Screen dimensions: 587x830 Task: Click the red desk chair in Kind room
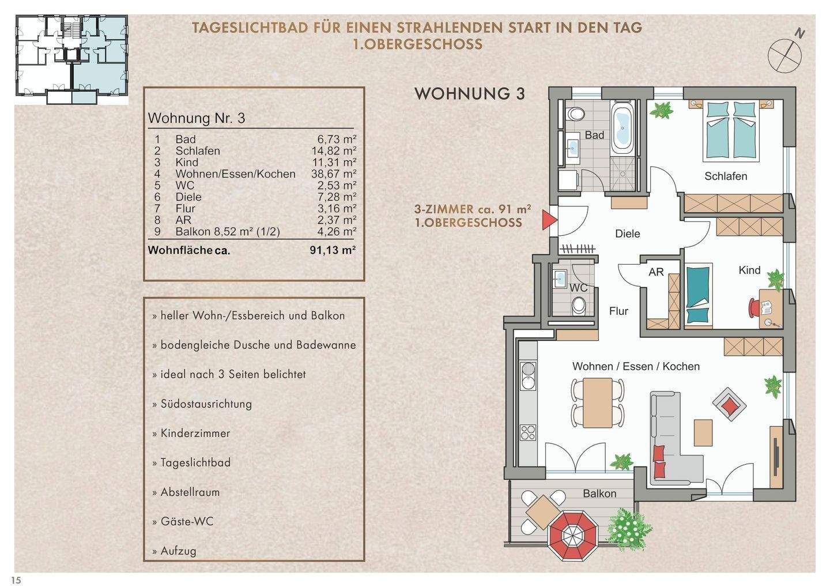pyautogui.click(x=755, y=306)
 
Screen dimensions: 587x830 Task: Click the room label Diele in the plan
pyautogui.click(x=628, y=234)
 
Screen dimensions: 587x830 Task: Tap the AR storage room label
pyautogui.click(x=656, y=272)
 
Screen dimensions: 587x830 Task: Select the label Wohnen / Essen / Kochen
pyautogui.click(x=636, y=366)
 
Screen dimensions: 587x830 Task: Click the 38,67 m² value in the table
pyautogui.click(x=333, y=174)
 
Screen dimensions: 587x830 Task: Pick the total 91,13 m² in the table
pyautogui.click(x=333, y=250)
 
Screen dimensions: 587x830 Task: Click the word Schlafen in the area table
pyautogui.click(x=198, y=150)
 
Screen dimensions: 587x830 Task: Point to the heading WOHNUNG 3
pyautogui.click(x=470, y=94)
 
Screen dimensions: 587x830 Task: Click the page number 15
pyautogui.click(x=16, y=580)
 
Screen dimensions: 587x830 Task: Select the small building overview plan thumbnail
pyautogui.click(x=71, y=60)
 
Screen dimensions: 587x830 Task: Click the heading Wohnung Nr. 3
pyautogui.click(x=197, y=118)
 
